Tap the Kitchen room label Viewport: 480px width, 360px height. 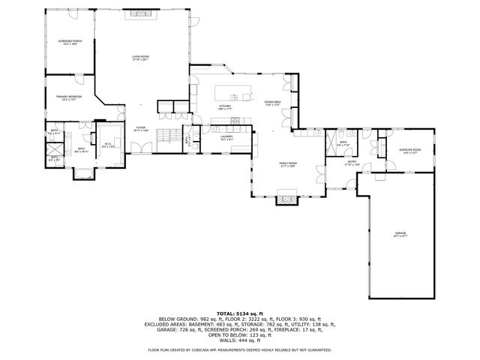tap(224, 107)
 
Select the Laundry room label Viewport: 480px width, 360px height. tap(227, 137)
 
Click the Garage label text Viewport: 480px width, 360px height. tap(400, 234)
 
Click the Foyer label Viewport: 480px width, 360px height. tap(140, 128)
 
